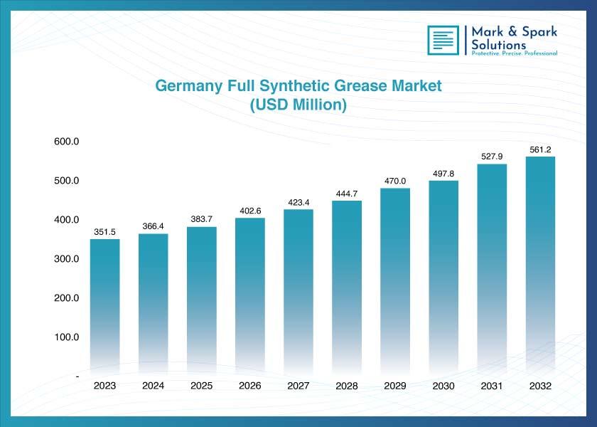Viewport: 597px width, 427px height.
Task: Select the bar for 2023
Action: pyautogui.click(x=104, y=307)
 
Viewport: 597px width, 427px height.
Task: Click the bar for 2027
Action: pyautogui.click(x=298, y=292)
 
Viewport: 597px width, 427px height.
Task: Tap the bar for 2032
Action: pyautogui.click(x=540, y=265)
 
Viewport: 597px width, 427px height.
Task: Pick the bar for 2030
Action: pyautogui.click(x=443, y=278)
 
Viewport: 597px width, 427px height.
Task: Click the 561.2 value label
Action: pyautogui.click(x=540, y=150)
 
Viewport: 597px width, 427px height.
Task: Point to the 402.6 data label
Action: pyautogui.click(x=250, y=211)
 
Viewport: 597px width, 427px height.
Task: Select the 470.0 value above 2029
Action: pyautogui.click(x=395, y=181)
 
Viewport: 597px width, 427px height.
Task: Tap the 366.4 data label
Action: pyautogui.click(x=153, y=226)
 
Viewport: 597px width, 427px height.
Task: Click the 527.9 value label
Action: pyautogui.click(x=492, y=157)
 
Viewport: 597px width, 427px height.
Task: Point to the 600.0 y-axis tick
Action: pyautogui.click(x=67, y=142)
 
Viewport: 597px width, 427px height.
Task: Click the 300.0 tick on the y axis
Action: pyautogui.click(x=67, y=259)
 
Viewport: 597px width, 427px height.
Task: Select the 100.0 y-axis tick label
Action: pyautogui.click(x=67, y=337)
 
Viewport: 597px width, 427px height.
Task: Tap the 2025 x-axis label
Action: pyautogui.click(x=201, y=386)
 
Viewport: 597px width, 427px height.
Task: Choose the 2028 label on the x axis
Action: pyautogui.click(x=347, y=386)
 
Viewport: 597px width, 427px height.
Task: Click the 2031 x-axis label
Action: pyautogui.click(x=492, y=386)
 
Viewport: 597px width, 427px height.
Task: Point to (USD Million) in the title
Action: pyautogui.click(x=298, y=105)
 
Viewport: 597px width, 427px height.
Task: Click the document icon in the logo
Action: pyautogui.click(x=443, y=40)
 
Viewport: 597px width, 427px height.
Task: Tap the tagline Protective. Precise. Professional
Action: pyautogui.click(x=515, y=53)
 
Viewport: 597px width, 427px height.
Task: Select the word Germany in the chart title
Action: pyautogui.click(x=189, y=86)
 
